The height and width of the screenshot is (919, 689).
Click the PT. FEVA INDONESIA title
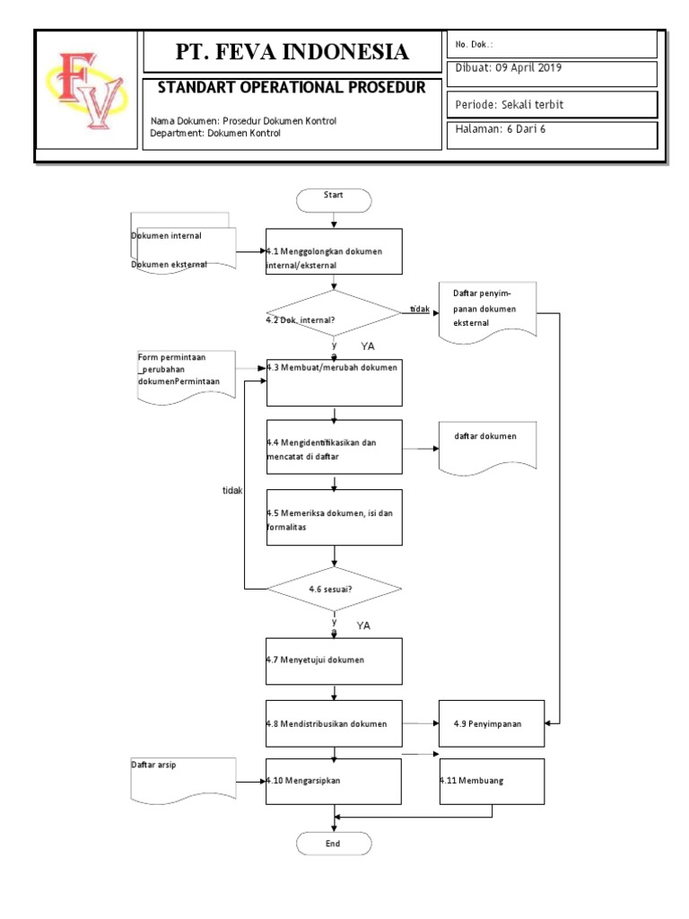coord(292,52)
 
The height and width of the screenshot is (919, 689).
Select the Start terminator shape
coord(334,198)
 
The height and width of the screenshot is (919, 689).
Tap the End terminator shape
coord(334,845)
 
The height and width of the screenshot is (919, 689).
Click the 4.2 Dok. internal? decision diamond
coord(334,314)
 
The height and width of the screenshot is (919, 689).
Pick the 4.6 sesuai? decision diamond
coord(334,590)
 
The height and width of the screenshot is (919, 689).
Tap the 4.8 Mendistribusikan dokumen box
coord(334,723)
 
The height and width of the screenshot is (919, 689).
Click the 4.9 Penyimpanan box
coord(491,723)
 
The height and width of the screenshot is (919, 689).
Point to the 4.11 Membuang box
coord(491,781)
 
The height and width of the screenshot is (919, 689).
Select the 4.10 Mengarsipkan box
coord(334,781)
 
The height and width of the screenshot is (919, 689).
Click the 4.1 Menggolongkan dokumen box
coord(334,251)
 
